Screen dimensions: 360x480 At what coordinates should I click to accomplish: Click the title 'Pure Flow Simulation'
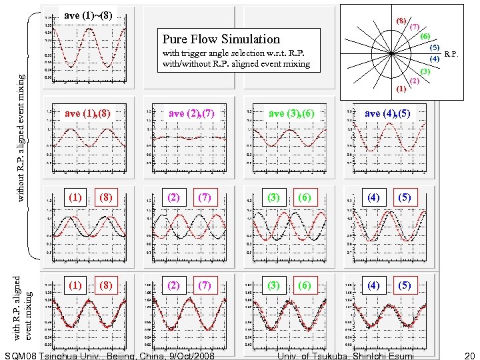click(x=221, y=39)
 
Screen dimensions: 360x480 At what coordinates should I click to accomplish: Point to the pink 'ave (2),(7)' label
click(x=191, y=113)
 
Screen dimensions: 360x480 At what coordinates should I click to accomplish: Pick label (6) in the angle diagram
click(x=425, y=36)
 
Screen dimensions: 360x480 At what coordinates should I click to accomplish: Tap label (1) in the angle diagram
click(x=401, y=89)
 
